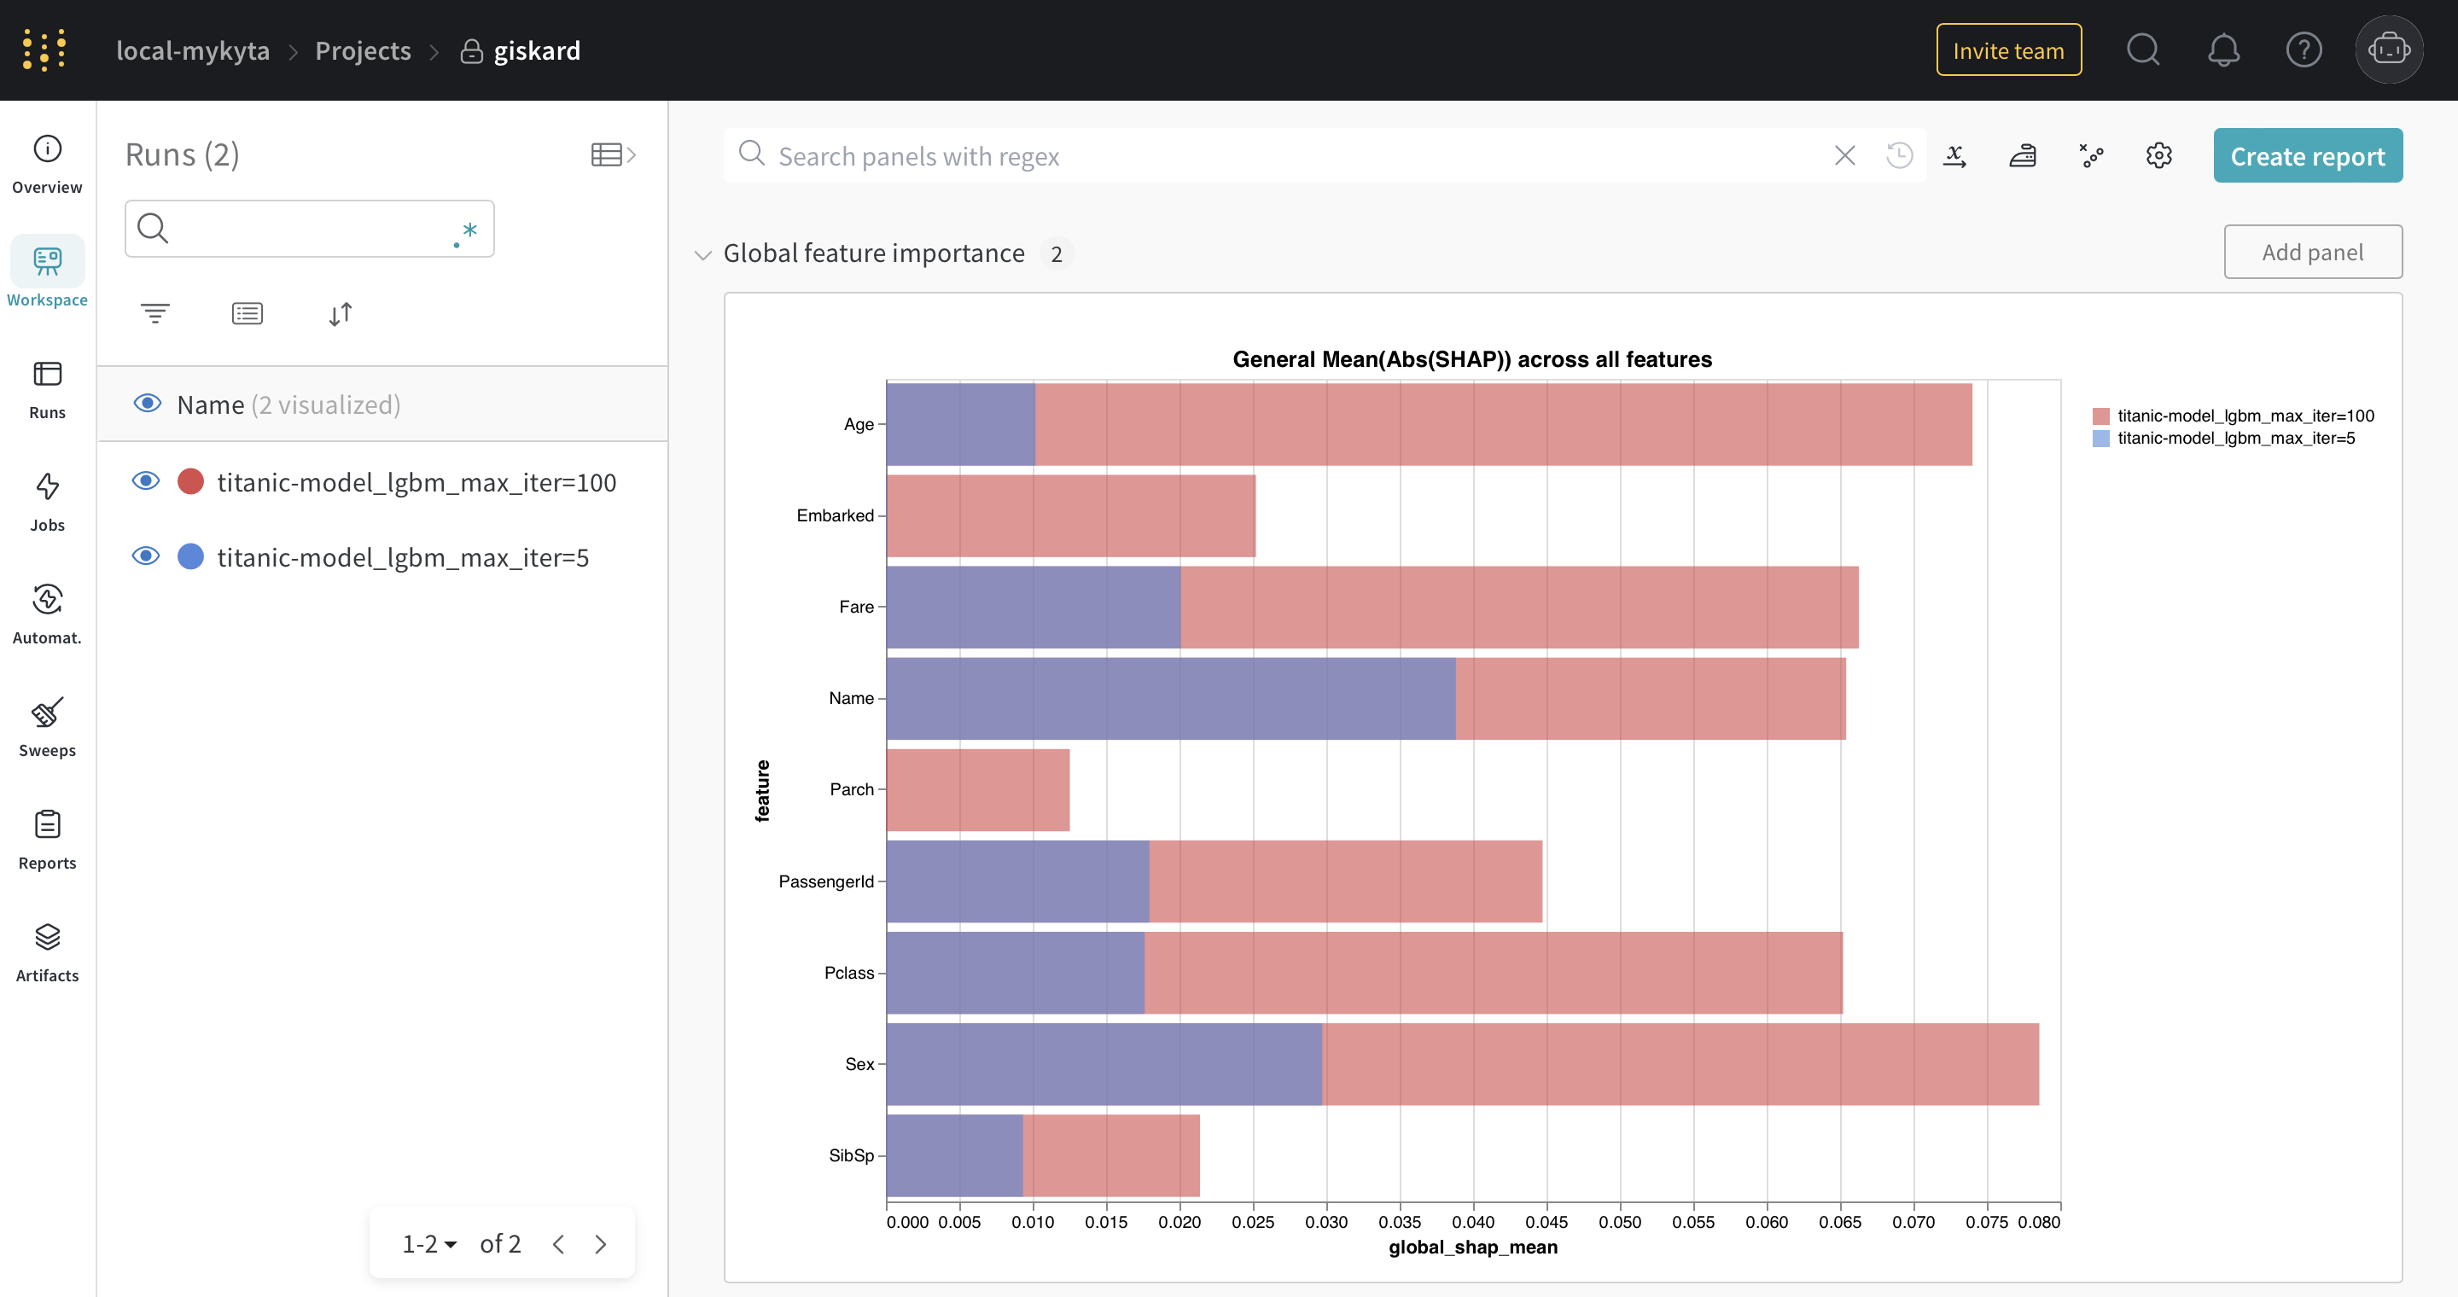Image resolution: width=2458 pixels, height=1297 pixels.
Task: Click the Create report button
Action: [x=2307, y=155]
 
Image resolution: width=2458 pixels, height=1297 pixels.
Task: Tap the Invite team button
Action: [x=2008, y=49]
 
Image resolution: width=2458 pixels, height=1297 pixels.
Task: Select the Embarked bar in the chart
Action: [x=1070, y=516]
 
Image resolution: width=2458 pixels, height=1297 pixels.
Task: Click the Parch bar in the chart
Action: [x=978, y=789]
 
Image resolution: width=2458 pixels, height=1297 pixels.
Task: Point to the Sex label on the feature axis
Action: [x=859, y=1064]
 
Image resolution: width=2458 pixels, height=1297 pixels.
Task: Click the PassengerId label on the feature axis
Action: [x=825, y=881]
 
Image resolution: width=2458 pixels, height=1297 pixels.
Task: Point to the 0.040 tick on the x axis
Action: [x=1473, y=1222]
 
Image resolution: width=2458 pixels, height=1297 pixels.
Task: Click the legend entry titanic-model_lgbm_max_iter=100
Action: [x=2233, y=416]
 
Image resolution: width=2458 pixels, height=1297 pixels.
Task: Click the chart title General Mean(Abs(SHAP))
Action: [x=1472, y=359]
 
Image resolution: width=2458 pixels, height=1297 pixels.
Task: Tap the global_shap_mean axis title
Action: [x=1472, y=1248]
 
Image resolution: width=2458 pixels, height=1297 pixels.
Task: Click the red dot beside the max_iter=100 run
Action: [x=191, y=481]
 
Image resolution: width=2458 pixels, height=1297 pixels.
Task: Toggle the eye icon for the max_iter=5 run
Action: [x=146, y=556]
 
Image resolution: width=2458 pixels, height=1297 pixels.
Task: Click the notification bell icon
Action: [x=2223, y=49]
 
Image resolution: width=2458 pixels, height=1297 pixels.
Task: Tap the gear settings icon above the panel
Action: [x=2158, y=155]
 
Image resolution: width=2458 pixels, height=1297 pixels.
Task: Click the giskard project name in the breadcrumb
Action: [x=536, y=50]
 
